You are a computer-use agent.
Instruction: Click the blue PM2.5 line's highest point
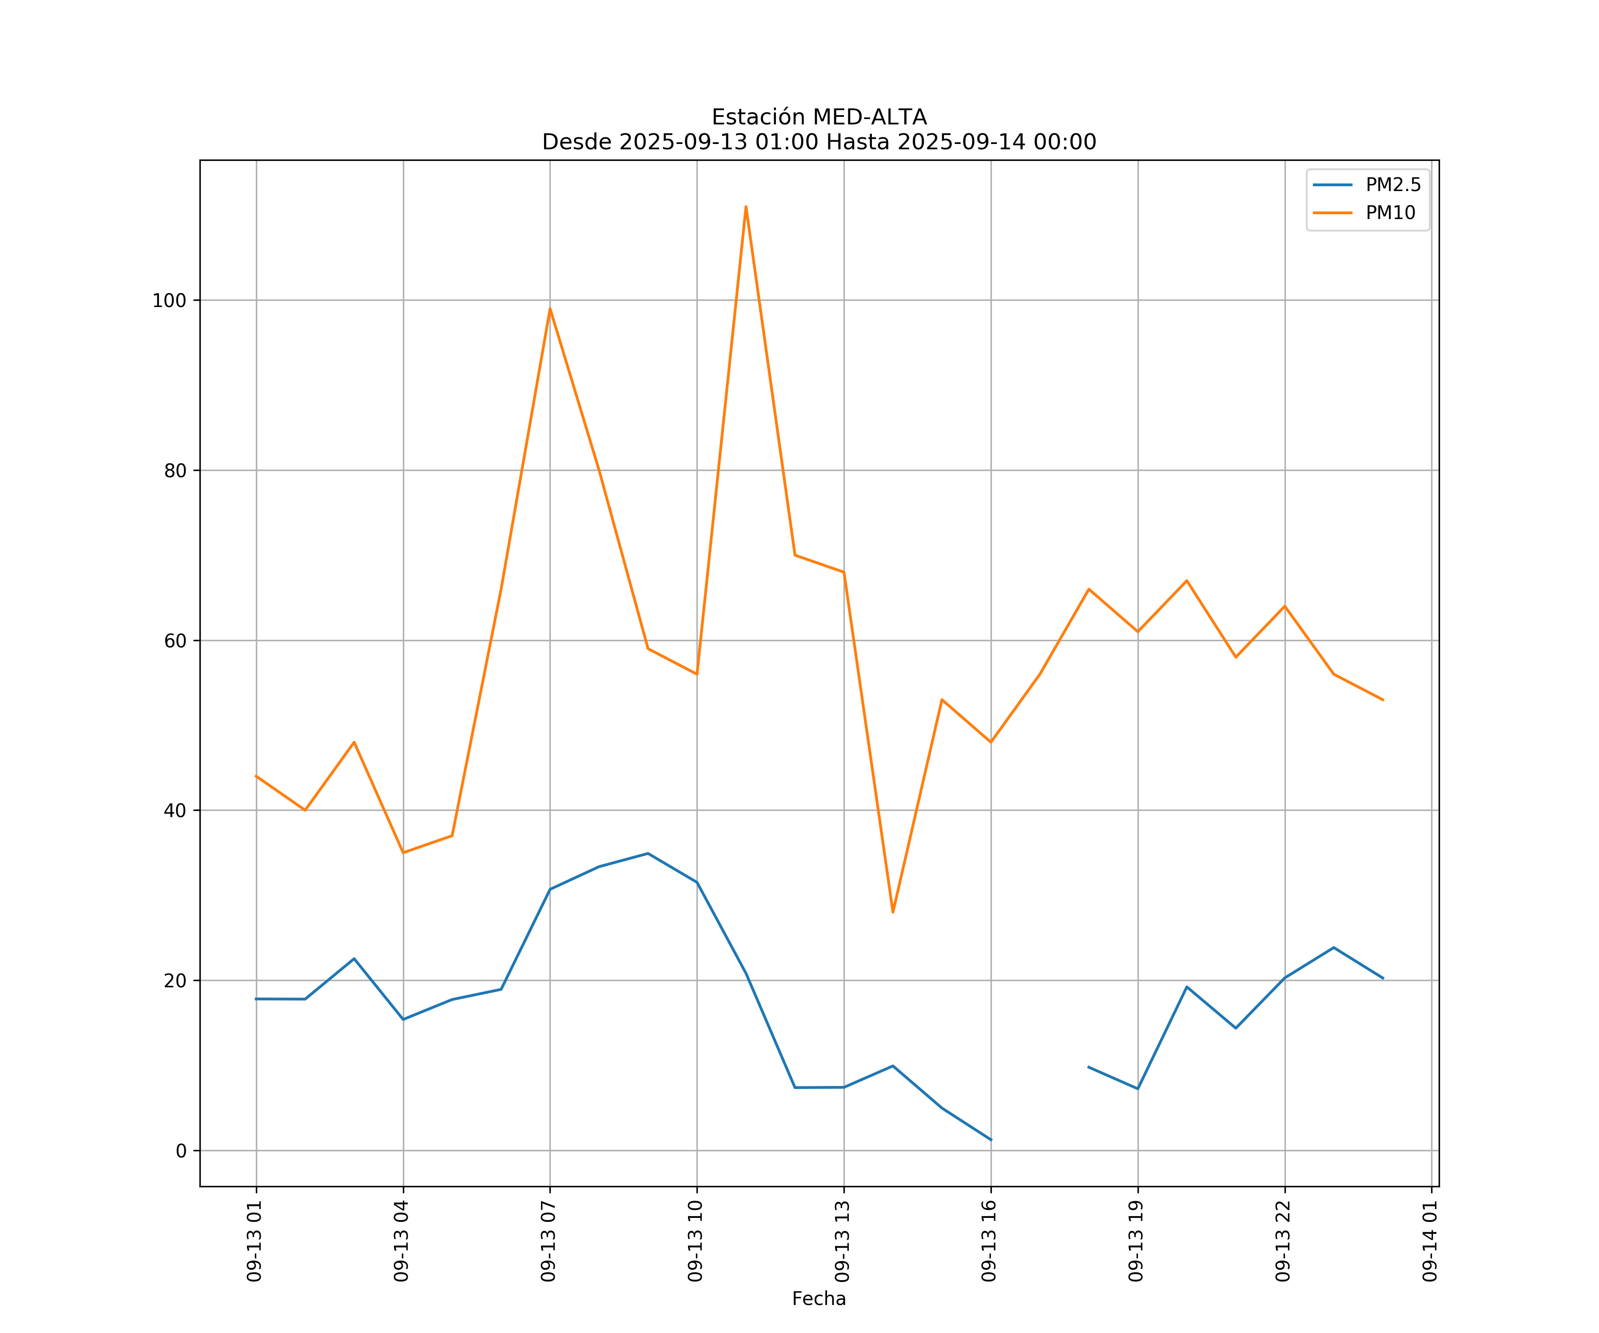click(x=648, y=853)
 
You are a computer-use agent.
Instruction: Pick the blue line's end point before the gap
click(x=990, y=1140)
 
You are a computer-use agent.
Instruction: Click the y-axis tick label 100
click(x=169, y=300)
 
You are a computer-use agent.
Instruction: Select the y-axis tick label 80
click(x=175, y=471)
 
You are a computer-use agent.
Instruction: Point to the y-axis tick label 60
click(x=175, y=641)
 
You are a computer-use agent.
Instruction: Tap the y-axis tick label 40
click(x=175, y=810)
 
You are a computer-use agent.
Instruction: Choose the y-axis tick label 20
click(x=175, y=980)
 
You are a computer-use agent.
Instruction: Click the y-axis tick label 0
click(x=181, y=1151)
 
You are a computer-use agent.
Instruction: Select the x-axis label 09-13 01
click(x=255, y=1241)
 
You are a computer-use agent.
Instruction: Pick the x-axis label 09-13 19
click(x=1136, y=1241)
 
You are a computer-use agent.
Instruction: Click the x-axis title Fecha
click(x=819, y=1299)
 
